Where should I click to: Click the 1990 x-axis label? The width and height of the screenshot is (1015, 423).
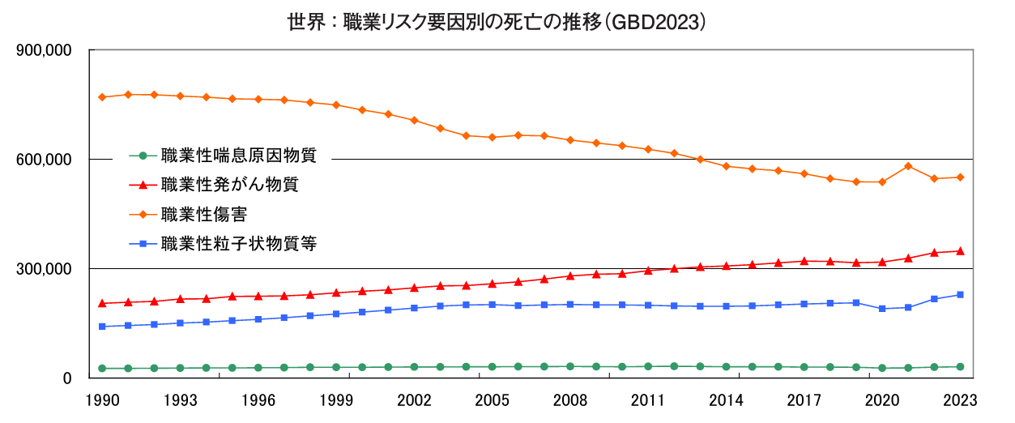102,399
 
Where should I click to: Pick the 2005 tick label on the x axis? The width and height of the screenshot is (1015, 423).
491,399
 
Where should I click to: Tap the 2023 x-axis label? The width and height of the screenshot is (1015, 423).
959,399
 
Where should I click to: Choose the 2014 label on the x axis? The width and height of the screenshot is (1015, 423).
725,399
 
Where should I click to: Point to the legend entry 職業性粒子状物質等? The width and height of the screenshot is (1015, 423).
238,243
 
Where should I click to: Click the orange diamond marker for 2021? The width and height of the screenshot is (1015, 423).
908,166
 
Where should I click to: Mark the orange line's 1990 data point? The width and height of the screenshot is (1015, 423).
102,97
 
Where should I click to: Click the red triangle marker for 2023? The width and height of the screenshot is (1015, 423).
960,251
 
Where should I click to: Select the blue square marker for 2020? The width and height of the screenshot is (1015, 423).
882,309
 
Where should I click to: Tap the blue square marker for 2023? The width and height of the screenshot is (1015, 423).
960,295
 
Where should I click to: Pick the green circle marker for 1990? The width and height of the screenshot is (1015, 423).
102,368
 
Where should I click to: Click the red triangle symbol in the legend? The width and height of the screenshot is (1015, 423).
143,185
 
